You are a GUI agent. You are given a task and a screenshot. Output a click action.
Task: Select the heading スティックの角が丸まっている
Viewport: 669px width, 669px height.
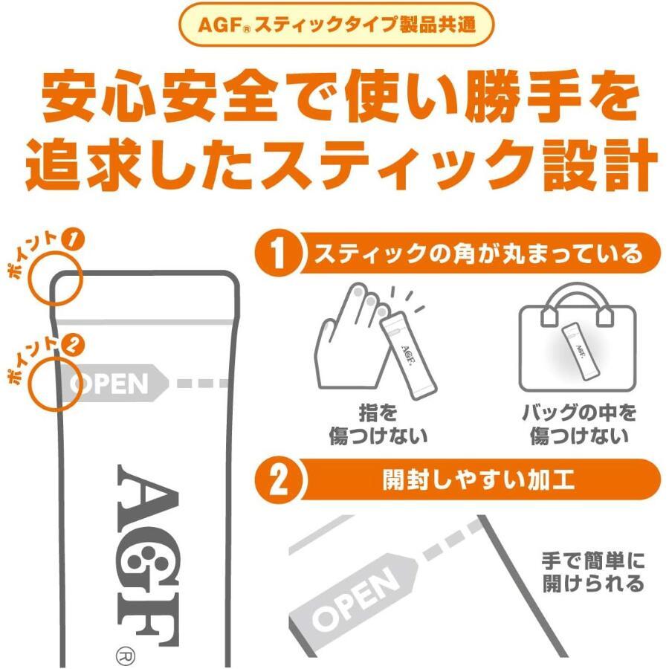(x=476, y=255)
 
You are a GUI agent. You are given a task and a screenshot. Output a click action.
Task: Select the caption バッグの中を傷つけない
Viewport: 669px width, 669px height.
(x=578, y=424)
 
